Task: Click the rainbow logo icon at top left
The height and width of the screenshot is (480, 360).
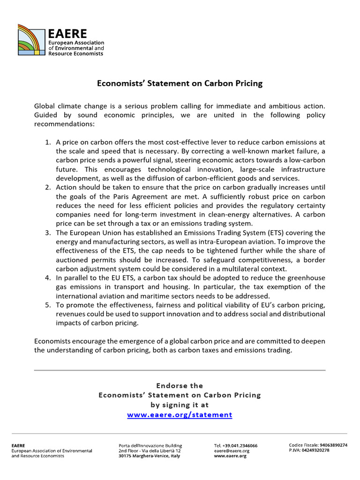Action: tap(32, 40)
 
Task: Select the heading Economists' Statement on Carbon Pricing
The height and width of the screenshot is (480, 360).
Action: tap(180, 83)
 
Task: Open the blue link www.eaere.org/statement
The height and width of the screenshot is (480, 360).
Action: tap(180, 415)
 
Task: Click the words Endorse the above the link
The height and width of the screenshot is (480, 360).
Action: tap(180, 386)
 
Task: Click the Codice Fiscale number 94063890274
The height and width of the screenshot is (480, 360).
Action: tap(333, 445)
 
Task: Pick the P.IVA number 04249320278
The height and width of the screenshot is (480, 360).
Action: tap(316, 450)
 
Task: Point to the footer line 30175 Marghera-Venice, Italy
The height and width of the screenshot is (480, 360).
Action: tap(149, 456)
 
